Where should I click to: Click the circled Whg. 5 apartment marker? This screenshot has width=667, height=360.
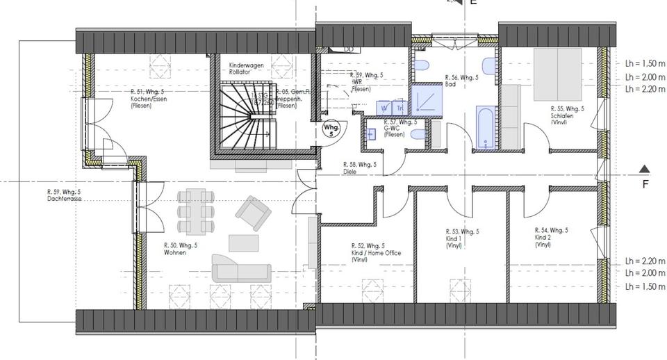[x=331, y=130]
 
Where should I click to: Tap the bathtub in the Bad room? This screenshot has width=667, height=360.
[x=485, y=127]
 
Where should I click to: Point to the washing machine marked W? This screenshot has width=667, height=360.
[x=384, y=108]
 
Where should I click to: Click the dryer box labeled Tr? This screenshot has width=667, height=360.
[x=400, y=108]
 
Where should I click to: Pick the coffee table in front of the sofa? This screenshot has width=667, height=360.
[x=244, y=243]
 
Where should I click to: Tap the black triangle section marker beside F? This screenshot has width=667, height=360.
[x=644, y=169]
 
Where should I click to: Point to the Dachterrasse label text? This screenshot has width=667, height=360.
[x=64, y=195]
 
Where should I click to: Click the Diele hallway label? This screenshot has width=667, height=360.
[x=360, y=168]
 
